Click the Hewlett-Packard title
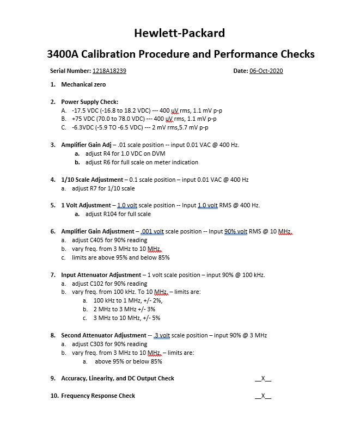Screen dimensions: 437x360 (x=179, y=33)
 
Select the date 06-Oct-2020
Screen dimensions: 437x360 (x=266, y=71)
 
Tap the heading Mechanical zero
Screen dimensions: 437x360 (x=83, y=84)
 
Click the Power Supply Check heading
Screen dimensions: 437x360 (x=89, y=102)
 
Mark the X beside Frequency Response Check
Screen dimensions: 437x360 (x=263, y=396)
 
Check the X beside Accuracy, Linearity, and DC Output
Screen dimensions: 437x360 (x=263, y=378)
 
